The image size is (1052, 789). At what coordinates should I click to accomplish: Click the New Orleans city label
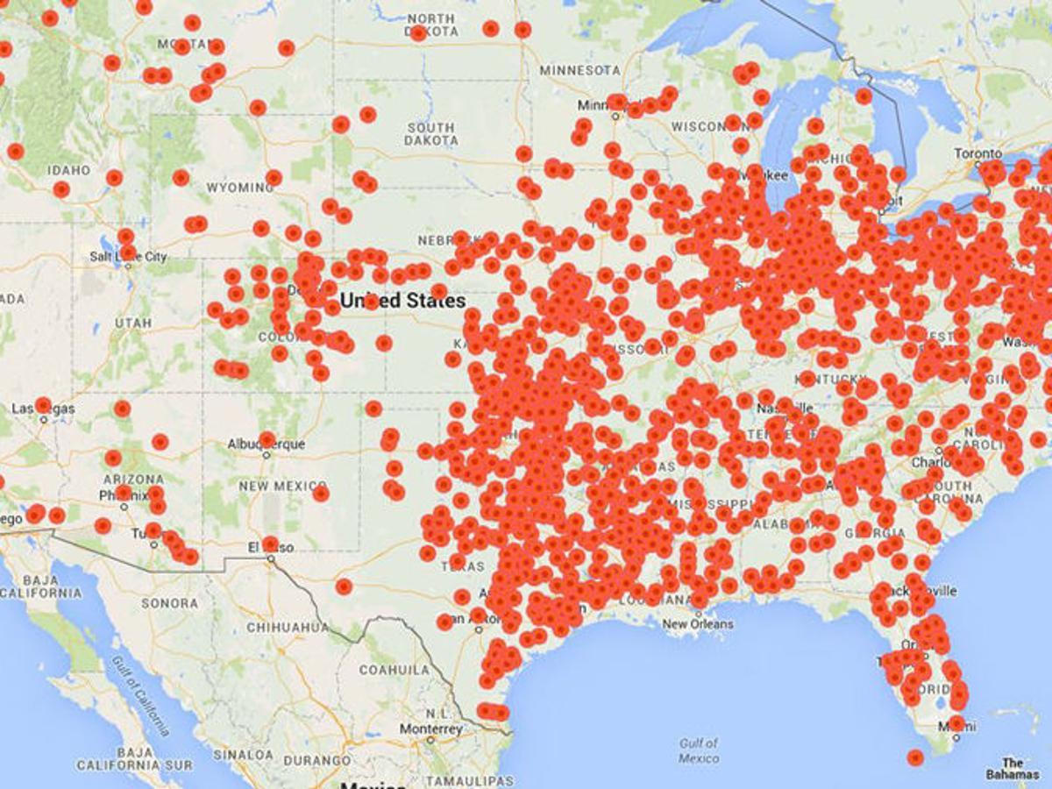(x=698, y=624)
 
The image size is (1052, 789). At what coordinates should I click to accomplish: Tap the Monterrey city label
(x=430, y=729)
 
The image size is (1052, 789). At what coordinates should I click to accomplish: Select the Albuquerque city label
(x=267, y=444)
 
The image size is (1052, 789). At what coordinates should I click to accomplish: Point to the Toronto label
(x=977, y=153)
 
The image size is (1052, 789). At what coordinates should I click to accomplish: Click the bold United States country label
(x=402, y=301)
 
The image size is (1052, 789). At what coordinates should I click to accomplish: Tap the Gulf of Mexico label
(x=699, y=750)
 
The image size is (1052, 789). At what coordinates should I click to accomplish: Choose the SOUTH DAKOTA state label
(x=431, y=134)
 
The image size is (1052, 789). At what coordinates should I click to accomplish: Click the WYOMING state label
(x=238, y=188)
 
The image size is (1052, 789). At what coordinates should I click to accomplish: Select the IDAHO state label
(x=69, y=169)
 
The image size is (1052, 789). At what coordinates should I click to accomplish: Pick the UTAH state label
(x=132, y=323)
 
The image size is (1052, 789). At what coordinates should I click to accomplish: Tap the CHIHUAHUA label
(x=288, y=628)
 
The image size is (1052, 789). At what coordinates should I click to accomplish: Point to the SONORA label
(x=169, y=603)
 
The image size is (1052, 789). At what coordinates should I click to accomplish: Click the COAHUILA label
(x=394, y=670)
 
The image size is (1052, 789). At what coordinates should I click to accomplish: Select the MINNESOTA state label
(x=579, y=69)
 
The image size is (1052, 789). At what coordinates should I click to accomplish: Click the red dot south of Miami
(x=915, y=757)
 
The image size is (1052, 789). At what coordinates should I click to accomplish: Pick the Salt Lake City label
(x=129, y=257)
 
